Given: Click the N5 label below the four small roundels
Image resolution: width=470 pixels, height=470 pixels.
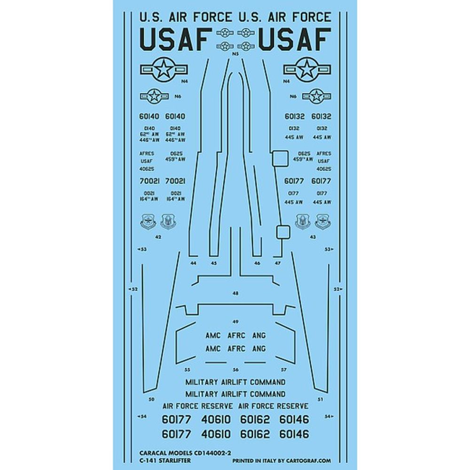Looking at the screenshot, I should (235, 55).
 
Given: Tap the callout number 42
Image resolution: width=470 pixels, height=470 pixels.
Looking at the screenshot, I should (158, 237).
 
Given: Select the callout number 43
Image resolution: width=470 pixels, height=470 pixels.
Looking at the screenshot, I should (313, 237).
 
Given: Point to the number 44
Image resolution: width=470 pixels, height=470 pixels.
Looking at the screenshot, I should (193, 263).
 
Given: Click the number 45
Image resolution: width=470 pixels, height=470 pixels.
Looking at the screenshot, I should (214, 263).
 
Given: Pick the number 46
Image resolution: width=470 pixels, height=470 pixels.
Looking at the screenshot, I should (257, 263).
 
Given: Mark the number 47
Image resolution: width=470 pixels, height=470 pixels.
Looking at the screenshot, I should (278, 263).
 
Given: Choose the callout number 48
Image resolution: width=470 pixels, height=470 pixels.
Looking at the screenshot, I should (235, 293).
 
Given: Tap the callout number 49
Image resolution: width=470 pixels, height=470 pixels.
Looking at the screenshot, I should (235, 321).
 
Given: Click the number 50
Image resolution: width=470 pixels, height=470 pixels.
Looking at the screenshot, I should (151, 400).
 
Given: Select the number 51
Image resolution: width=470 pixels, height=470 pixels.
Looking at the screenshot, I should (320, 400).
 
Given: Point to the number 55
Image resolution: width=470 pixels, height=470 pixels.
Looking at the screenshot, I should (187, 369).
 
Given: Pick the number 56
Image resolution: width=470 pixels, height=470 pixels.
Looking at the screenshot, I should (235, 369).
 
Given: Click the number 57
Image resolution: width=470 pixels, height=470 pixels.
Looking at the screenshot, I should (283, 369).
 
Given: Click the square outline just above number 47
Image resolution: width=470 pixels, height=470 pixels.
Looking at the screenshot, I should (282, 232).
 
